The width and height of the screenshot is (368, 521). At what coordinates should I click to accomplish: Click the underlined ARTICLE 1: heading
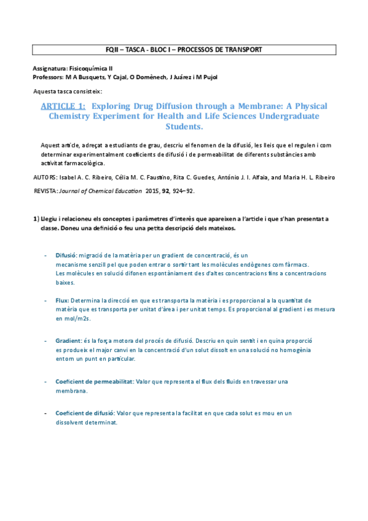pos(63,106)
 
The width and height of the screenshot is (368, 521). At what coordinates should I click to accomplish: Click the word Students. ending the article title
pos(184,127)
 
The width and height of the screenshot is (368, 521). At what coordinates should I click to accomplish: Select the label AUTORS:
pos(44,177)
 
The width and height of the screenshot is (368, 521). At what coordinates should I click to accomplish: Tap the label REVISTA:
pos(45,191)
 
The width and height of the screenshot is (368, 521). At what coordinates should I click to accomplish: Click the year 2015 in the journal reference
pos(152,191)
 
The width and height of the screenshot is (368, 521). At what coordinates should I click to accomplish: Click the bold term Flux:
pos(62,300)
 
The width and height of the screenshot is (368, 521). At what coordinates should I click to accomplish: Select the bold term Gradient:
pos(68,340)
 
